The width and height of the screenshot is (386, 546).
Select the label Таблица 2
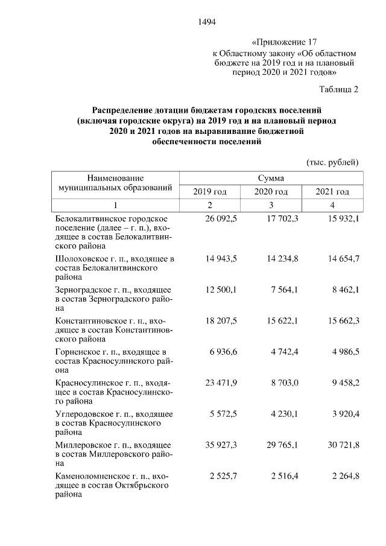pos(338,90)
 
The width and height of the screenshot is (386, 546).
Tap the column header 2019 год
pos(209,192)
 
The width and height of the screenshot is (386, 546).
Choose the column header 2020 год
pos(271,192)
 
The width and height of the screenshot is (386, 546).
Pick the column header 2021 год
pos(332,192)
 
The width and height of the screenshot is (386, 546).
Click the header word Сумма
pos(271,178)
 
